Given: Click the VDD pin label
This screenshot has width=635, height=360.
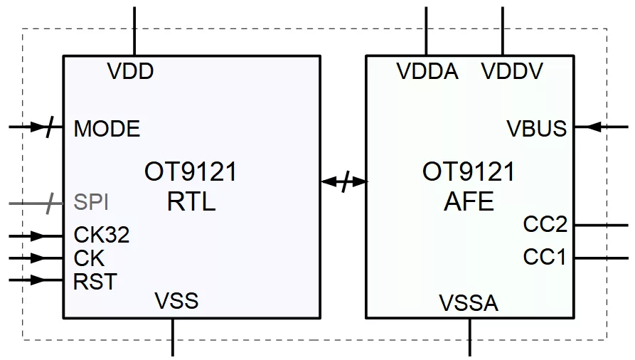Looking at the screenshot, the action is coord(130,71).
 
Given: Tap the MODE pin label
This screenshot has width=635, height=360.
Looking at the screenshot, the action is coord(107,129).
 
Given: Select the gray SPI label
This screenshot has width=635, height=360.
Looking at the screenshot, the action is coord(91,201).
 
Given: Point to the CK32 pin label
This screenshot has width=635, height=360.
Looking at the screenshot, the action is coord(102,235).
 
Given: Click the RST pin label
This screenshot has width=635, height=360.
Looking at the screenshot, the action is coord(95,281).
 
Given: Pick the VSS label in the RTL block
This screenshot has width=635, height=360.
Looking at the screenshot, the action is coord(176,301).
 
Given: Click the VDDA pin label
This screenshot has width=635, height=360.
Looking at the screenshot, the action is coord(427,71).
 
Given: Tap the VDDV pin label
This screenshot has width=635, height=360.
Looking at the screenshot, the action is coord(512,71).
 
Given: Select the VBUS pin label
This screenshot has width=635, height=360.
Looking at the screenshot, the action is coord(537,129).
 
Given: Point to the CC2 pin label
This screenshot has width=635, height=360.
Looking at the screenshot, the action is coord(545,224).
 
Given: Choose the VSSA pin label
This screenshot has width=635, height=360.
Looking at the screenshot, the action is coord(469,303).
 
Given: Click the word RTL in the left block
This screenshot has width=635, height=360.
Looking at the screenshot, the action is coord(191,201).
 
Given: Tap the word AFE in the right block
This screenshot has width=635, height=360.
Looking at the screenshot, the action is coord(469,201).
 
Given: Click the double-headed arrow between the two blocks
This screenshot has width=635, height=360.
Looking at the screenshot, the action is coord(344,181).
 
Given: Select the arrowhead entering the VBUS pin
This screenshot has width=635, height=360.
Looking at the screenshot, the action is coord(594,127).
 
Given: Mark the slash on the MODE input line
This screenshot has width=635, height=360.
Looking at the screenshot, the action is coord(49,127).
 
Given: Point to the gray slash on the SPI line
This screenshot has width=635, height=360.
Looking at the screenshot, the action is coord(50,203).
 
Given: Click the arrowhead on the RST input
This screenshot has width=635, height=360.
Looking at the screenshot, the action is coord(38,280).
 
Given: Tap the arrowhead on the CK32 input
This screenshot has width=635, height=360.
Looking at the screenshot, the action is coord(38,235).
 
